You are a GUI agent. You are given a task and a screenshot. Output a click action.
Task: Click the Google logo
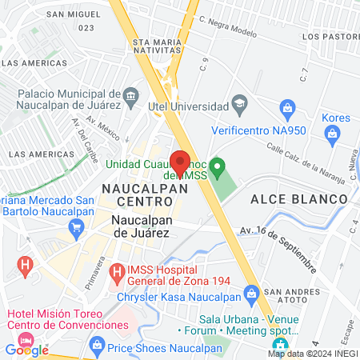pyautogui.click(x=26, y=350)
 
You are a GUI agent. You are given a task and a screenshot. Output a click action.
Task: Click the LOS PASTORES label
pyautogui.click(x=330, y=36)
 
